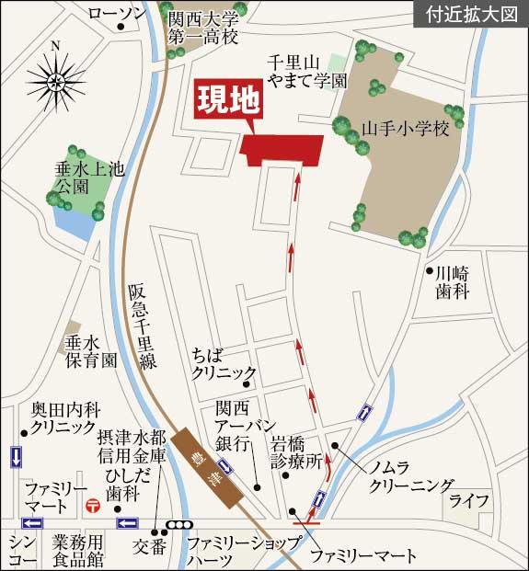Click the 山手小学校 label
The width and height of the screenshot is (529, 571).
tap(410, 129)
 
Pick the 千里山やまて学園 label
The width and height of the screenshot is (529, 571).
tap(306, 71)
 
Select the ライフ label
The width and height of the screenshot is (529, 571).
tap(468, 501)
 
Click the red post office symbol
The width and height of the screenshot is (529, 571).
tap(92, 505)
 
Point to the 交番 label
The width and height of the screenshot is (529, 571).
tap(148, 545)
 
